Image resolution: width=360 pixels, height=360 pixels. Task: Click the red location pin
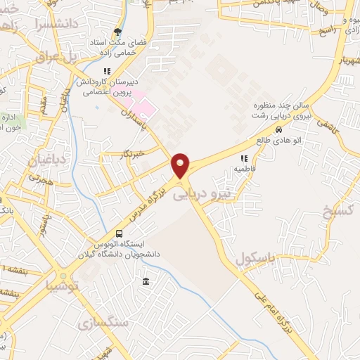click(x=181, y=165)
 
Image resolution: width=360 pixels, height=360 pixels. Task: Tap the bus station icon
click(x=119, y=233)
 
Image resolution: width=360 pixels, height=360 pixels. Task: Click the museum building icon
click(x=146, y=282)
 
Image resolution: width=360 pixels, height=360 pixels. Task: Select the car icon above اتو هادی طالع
click(x=279, y=129)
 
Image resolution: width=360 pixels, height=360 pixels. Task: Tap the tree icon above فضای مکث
click(x=117, y=32)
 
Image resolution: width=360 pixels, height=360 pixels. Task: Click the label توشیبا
click(x=61, y=285)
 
